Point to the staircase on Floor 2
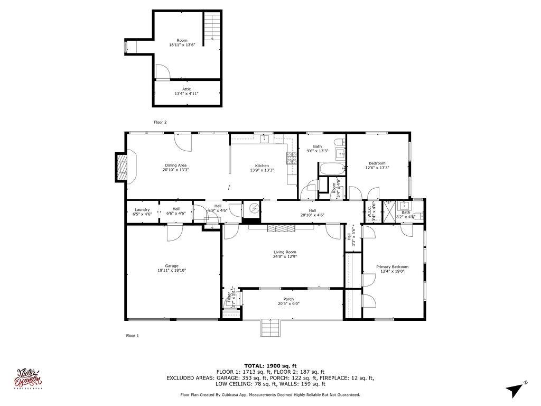pyautogui.click(x=211, y=27)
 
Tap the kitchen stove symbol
pyautogui.click(x=291, y=156)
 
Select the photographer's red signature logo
pyautogui.click(x=30, y=379)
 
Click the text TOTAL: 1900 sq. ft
pyautogui.click(x=270, y=366)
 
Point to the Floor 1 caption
pyautogui.click(x=132, y=336)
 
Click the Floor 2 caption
pyautogui.click(x=160, y=122)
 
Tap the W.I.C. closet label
pyautogui.click(x=371, y=210)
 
